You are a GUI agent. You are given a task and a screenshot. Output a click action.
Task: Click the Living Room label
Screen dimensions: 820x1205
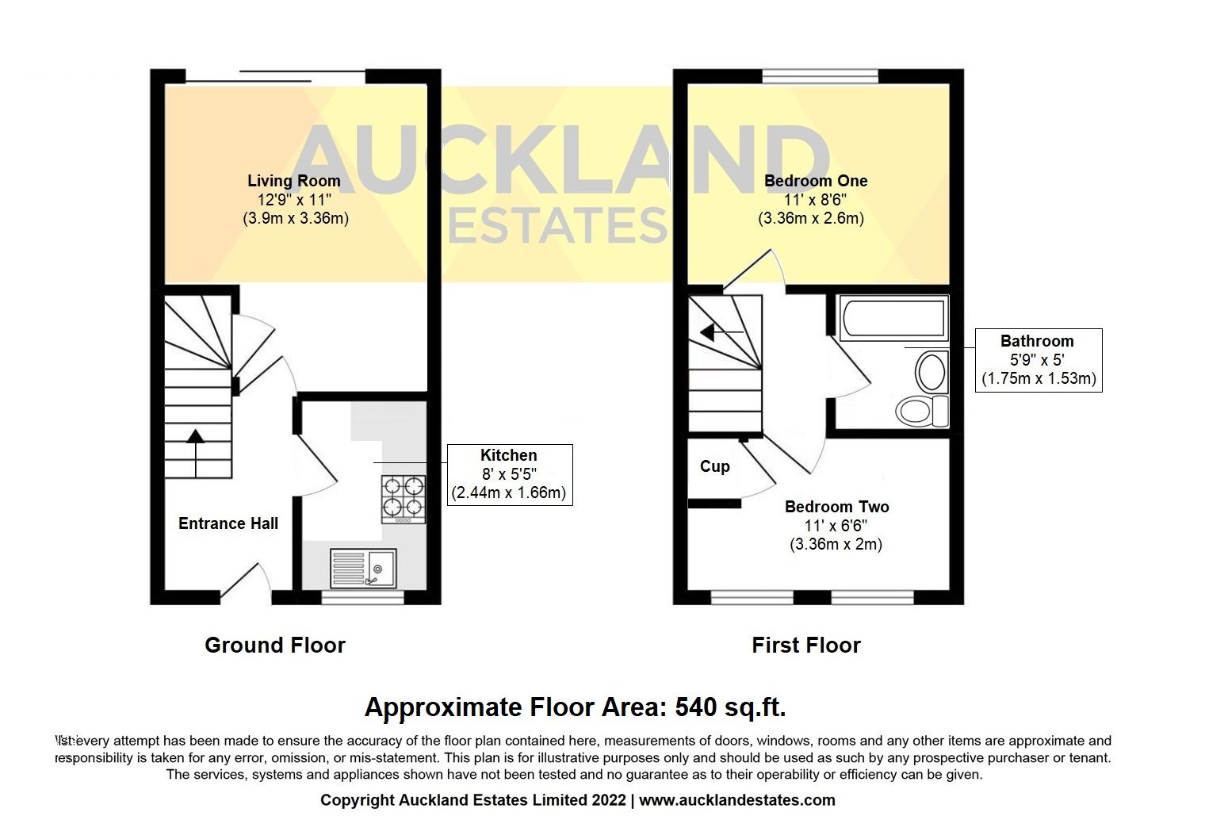click(x=293, y=181)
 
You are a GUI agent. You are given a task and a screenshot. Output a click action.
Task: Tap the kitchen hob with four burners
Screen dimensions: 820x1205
click(x=404, y=497)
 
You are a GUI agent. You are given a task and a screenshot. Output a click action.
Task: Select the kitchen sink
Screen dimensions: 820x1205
click(x=364, y=568)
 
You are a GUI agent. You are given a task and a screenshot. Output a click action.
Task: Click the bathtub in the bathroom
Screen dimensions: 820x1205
click(x=893, y=317)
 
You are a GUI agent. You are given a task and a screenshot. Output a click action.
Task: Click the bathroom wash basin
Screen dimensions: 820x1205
click(x=931, y=370)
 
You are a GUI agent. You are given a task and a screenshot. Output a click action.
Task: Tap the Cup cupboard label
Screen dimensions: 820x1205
click(x=714, y=466)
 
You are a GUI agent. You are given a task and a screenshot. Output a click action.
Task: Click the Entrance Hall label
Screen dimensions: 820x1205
click(x=228, y=523)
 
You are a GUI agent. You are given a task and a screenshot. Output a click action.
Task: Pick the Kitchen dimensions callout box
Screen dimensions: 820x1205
click(x=509, y=474)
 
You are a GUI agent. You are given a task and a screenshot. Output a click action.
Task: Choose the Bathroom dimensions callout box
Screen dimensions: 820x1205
click(x=1038, y=360)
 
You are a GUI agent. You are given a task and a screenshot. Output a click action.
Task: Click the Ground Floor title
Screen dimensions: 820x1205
click(x=275, y=646)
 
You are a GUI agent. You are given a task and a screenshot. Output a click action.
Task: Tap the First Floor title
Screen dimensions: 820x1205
click(x=805, y=646)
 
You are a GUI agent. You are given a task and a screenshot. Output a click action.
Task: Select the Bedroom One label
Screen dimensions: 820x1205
click(x=815, y=181)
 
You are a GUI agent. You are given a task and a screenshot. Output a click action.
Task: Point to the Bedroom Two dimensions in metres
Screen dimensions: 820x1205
click(x=836, y=544)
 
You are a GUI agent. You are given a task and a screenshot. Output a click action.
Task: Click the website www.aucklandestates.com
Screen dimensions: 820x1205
click(x=736, y=800)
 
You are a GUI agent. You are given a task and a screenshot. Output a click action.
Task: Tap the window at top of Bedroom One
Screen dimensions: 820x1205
click(x=820, y=76)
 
